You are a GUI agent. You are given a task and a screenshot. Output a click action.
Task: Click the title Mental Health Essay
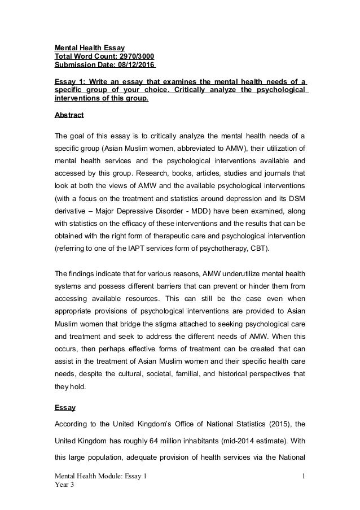[89, 47]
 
